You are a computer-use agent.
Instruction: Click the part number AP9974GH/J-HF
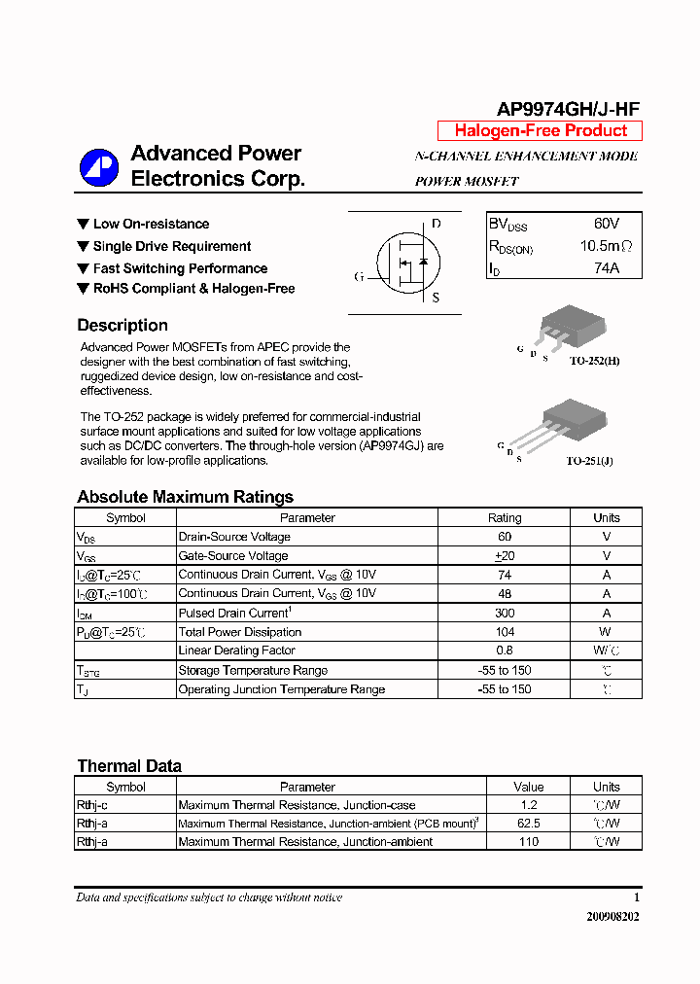click(568, 110)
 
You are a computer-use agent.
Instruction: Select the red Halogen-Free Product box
click(540, 131)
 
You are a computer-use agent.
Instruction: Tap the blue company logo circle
click(98, 167)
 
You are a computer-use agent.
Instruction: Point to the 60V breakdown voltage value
click(606, 224)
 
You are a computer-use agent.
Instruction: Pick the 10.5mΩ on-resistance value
click(606, 246)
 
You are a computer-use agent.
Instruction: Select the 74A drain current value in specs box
click(606, 268)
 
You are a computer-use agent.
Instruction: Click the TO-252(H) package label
click(593, 361)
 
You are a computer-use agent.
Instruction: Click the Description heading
click(122, 326)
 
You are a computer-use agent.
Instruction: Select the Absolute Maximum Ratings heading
click(185, 497)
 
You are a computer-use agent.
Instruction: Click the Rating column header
click(504, 518)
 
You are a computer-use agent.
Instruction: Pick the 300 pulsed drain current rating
click(504, 614)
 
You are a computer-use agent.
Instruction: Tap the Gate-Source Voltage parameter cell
click(233, 556)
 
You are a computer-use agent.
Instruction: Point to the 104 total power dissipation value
click(504, 632)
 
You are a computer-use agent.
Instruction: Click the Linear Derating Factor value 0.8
click(504, 650)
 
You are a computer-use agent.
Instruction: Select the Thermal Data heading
click(129, 766)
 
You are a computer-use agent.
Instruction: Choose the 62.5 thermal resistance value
click(529, 824)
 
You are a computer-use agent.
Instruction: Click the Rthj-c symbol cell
click(92, 805)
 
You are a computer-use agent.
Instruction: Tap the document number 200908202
click(612, 916)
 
